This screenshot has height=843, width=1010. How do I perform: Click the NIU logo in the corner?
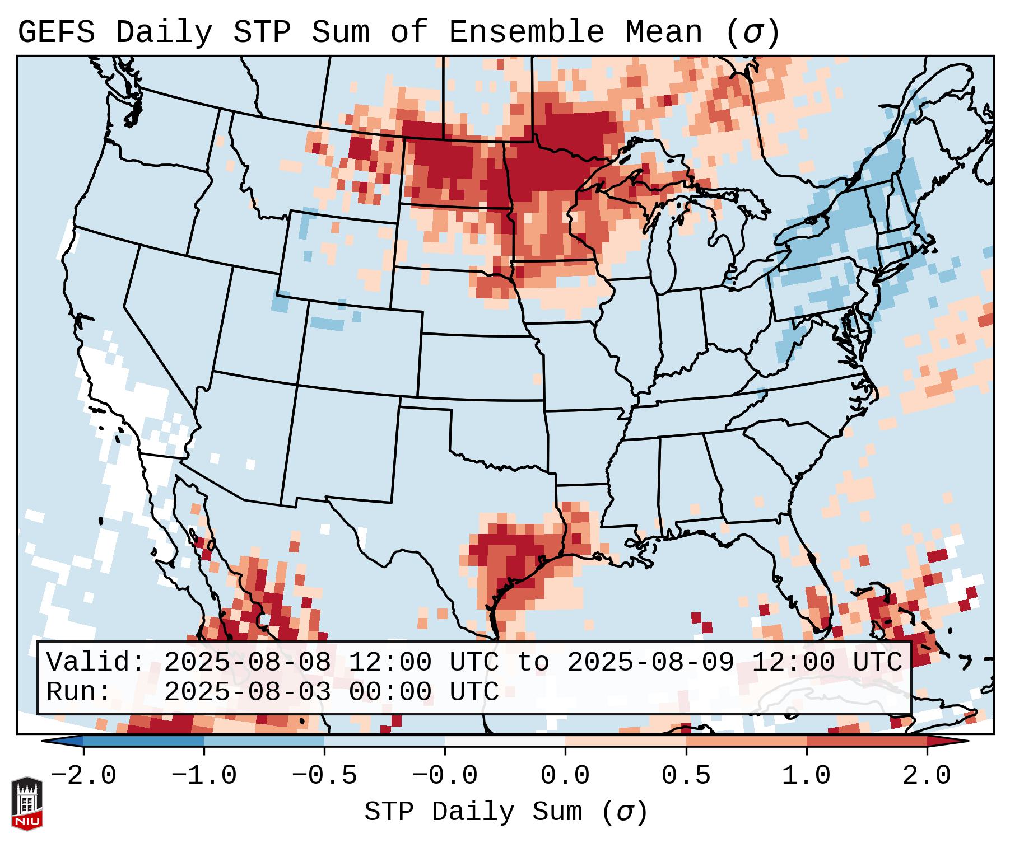click(27, 803)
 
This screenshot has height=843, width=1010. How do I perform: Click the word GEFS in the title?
click(56, 32)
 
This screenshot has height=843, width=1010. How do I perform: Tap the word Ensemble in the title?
click(526, 32)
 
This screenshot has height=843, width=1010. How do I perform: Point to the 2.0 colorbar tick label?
click(927, 776)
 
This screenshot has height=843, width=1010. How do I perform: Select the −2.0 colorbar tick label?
click(83, 776)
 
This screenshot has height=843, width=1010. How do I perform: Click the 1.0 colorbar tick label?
click(806, 776)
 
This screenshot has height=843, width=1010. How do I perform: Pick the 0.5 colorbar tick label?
click(686, 776)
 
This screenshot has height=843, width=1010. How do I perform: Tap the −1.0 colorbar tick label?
click(204, 776)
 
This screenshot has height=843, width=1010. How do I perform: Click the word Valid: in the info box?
click(96, 662)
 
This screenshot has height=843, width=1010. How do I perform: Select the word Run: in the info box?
click(79, 692)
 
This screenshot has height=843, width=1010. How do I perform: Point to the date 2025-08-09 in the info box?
click(650, 662)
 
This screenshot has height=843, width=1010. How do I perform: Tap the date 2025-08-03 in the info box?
click(247, 692)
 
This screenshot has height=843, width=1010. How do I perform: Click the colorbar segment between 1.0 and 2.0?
click(867, 741)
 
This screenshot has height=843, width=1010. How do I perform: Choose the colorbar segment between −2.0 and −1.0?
click(143, 741)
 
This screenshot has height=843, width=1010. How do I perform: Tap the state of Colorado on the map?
click(364, 347)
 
